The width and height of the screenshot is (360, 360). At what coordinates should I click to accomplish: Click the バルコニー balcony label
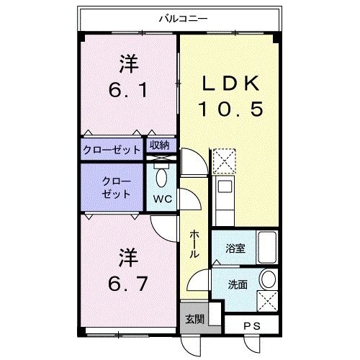183,19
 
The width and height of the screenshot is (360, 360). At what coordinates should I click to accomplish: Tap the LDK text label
230,84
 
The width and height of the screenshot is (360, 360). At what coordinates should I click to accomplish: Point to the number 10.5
230,109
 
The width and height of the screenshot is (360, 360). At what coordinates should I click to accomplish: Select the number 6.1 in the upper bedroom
127,90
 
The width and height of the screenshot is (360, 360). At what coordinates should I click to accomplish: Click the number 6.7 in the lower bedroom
127,283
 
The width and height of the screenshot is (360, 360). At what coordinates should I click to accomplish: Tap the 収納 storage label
160,145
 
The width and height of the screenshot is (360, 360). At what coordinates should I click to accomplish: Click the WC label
163,199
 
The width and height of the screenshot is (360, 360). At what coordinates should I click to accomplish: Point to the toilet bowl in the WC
161,178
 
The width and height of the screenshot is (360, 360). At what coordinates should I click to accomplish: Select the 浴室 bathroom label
235,248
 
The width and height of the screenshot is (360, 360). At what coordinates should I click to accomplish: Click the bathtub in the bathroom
267,247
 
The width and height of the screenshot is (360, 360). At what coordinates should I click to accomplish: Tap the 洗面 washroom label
238,284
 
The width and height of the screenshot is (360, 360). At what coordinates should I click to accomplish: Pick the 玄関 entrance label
194,319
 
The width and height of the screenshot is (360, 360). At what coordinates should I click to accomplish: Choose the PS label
252,326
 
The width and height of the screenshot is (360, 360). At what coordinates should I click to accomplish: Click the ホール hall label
194,244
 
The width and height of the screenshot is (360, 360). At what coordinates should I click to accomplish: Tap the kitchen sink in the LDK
225,186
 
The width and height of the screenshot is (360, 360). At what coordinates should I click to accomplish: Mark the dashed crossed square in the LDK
225,161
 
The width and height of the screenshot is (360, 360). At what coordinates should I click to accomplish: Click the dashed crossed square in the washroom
267,301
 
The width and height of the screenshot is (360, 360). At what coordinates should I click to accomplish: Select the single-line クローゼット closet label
112,150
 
